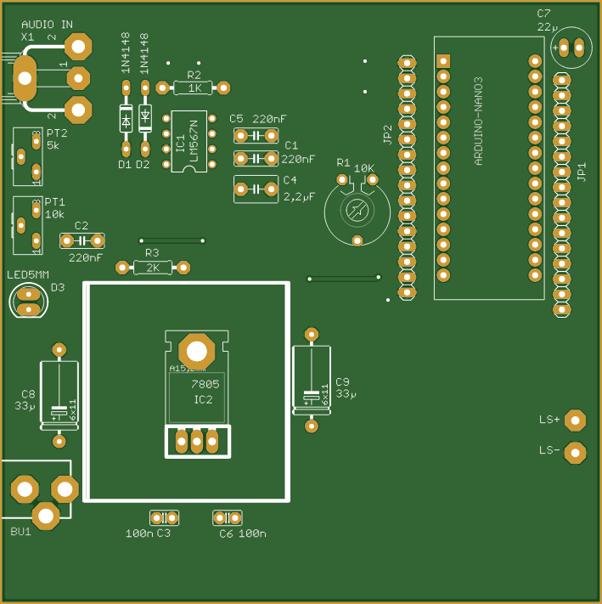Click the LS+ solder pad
[576, 420]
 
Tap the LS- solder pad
[576, 453]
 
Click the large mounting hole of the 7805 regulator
[197, 350]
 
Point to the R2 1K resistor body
[194, 87]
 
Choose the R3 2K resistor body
[153, 268]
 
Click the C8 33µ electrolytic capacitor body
[59, 396]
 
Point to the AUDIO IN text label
[48, 25]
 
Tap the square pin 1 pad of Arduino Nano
[442, 61]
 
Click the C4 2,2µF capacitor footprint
[256, 189]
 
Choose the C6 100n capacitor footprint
[227, 517]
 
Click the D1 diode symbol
[125, 121]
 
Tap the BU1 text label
[20, 532]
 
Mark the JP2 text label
[387, 133]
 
